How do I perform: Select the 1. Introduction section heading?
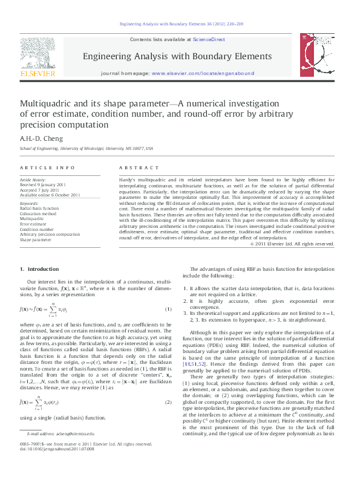pyautogui.click(x=39, y=268)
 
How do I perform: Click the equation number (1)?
pyautogui.click(x=169, y=310)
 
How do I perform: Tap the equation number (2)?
pyautogui.click(x=169, y=402)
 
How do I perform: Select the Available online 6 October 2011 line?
pyautogui.click(x=50, y=195)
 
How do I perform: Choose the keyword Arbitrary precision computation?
pyautogui.click(x=50, y=234)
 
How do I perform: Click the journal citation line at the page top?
pyautogui.click(x=180, y=25)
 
